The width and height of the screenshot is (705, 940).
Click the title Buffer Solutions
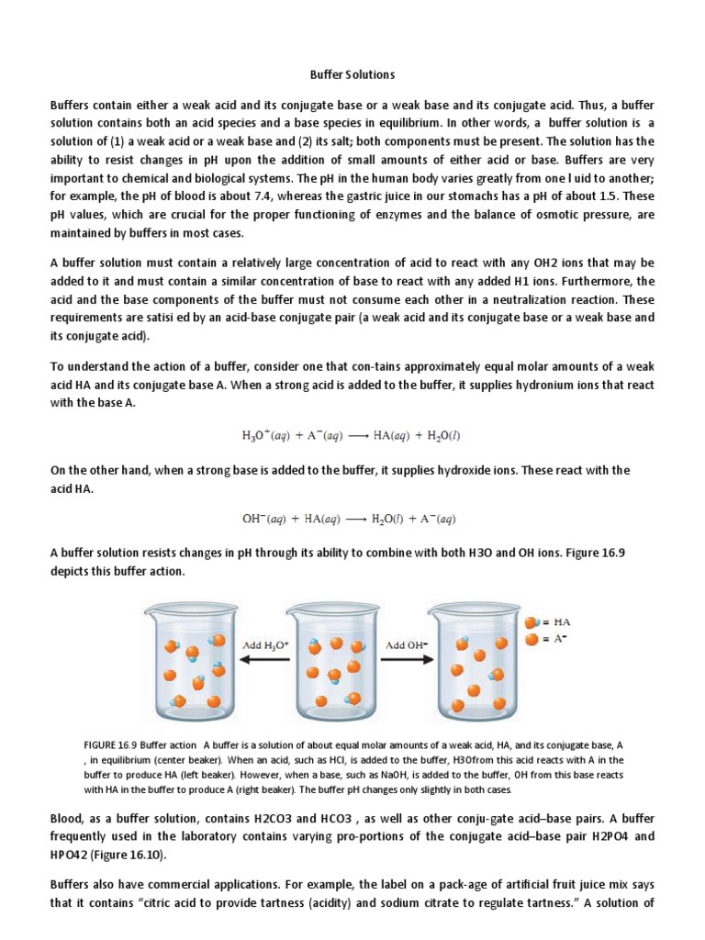pos(352,73)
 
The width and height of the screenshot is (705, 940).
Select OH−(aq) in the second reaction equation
pos(264,519)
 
